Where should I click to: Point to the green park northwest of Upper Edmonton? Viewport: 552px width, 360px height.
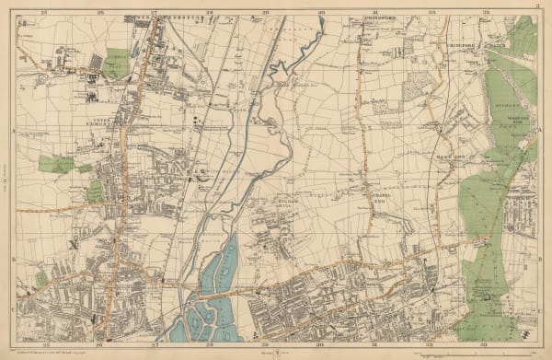point(118,62)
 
